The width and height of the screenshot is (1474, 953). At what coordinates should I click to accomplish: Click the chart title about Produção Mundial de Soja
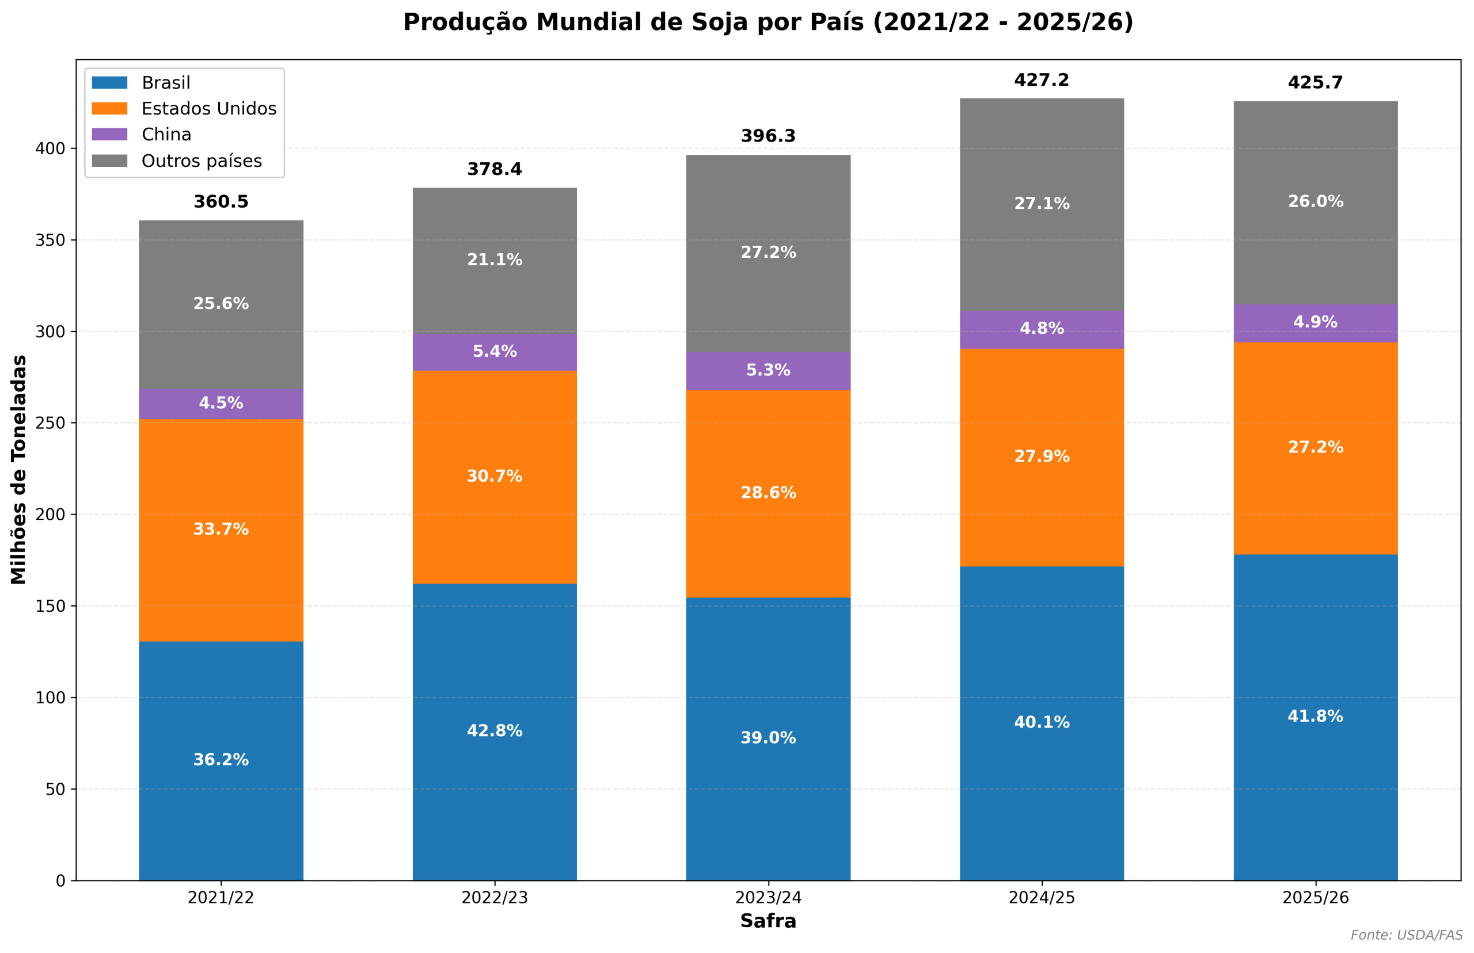768,22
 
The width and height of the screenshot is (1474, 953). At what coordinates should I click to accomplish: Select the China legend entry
166,134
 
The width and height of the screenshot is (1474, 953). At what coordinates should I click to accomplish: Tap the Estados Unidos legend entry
208,108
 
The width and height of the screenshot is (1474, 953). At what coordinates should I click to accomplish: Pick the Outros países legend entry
201,161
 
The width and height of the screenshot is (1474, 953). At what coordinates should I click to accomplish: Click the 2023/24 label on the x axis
768,898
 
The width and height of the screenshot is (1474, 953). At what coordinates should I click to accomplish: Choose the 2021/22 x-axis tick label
221,898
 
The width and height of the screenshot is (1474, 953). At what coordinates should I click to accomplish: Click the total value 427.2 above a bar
1041,81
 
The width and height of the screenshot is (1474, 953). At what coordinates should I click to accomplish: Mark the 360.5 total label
221,202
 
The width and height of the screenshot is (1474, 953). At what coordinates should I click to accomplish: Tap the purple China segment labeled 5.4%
495,352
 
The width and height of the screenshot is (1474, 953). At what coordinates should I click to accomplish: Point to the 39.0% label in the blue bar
768,738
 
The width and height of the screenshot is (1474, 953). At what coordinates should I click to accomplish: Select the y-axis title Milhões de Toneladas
19,470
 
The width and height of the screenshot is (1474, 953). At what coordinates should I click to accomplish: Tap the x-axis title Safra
768,921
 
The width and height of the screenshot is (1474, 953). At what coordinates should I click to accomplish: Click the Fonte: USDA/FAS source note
1407,935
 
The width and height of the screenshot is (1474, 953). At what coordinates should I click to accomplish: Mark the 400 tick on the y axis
50,148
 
